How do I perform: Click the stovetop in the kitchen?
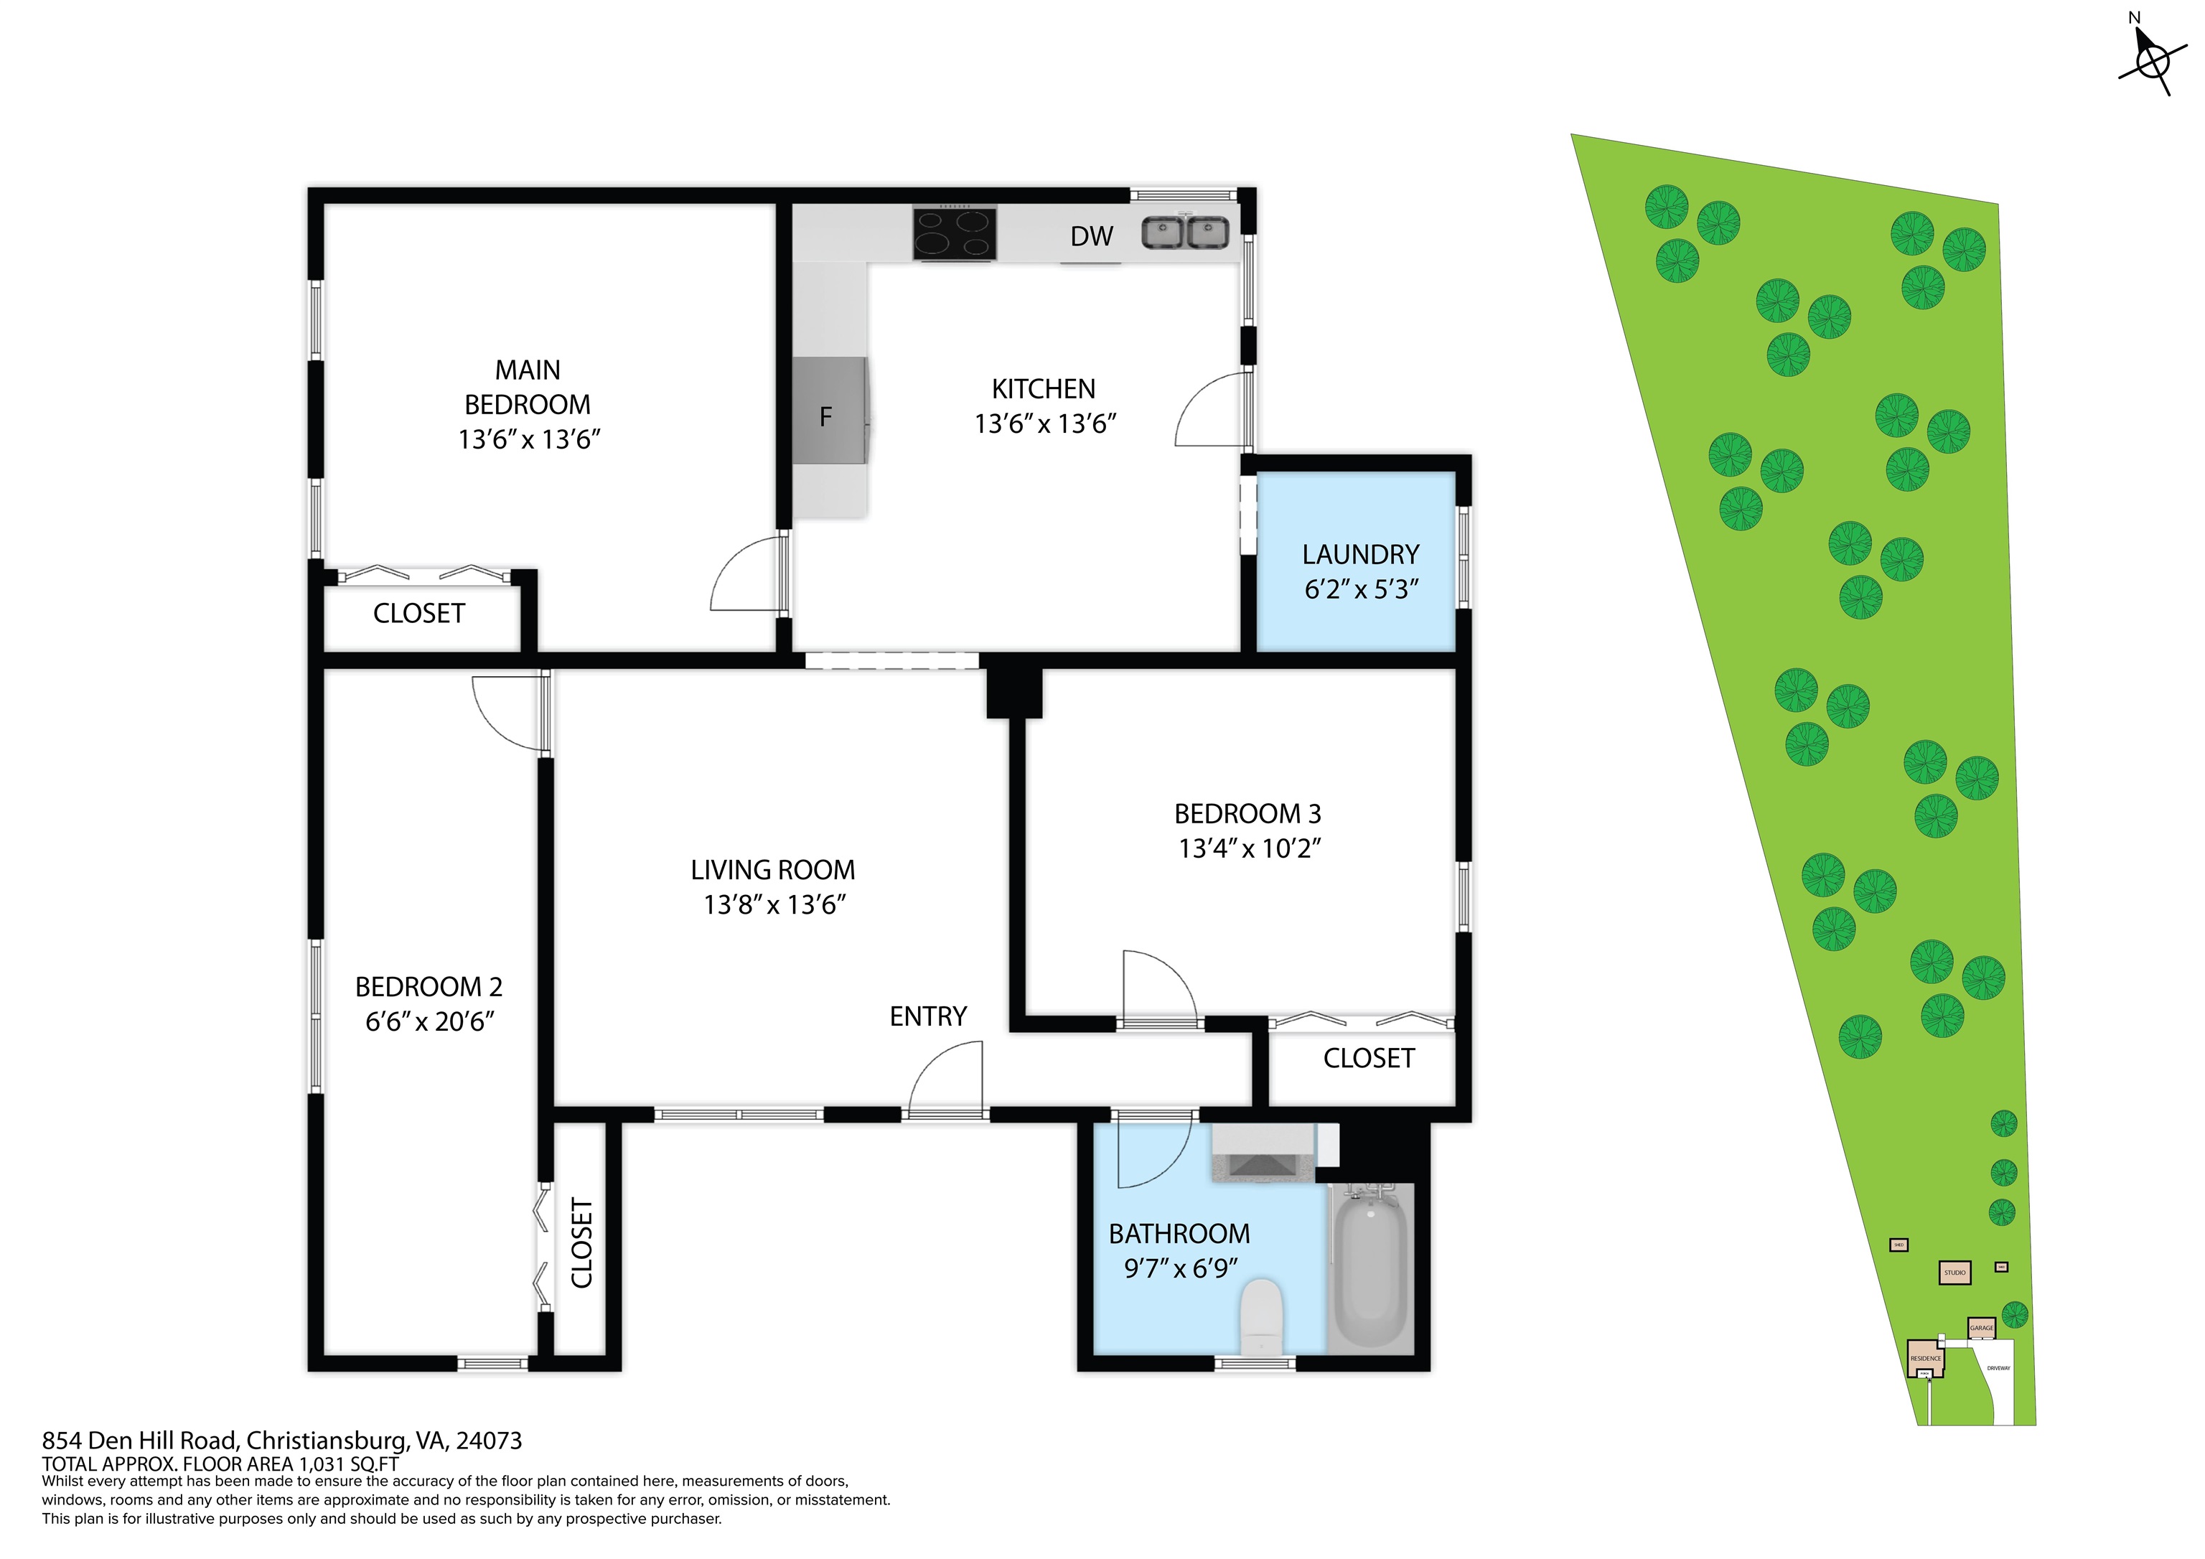(x=954, y=233)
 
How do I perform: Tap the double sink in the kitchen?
(x=1185, y=233)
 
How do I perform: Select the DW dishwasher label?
(x=1092, y=236)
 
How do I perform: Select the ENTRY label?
(x=927, y=1016)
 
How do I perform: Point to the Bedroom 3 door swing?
(x=1159, y=986)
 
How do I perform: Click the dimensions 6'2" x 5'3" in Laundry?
(x=1361, y=589)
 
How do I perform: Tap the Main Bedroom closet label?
(x=418, y=614)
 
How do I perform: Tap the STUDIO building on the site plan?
(x=1954, y=1273)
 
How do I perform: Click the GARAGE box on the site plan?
(x=1981, y=1327)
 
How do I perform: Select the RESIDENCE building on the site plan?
(x=1924, y=1358)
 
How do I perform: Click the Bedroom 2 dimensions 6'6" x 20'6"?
(x=429, y=1021)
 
